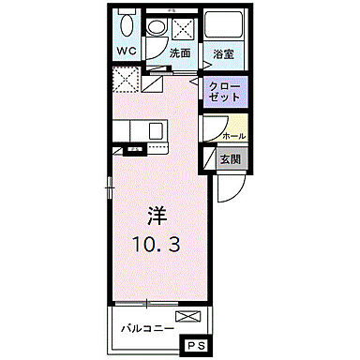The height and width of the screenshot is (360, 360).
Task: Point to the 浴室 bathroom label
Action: tap(222, 53)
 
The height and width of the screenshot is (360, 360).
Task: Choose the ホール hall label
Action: tap(233, 136)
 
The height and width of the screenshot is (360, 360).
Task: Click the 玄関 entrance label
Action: tap(232, 160)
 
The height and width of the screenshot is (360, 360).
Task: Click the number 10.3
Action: tap(157, 245)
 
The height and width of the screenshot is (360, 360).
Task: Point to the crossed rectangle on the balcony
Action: tap(187, 317)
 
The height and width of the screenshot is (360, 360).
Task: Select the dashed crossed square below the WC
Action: tap(126, 81)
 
